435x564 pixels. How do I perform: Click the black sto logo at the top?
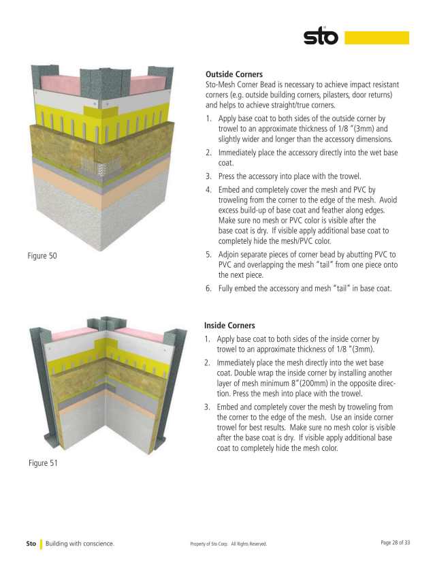pyautogui.click(x=321, y=36)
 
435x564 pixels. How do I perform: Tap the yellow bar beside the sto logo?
pyautogui.click(x=376, y=37)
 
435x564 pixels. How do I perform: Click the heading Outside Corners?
pyautogui.click(x=234, y=74)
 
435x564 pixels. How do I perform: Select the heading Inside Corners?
pyautogui.click(x=230, y=326)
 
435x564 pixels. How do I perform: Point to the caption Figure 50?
pyautogui.click(x=44, y=256)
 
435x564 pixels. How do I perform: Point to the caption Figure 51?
pyautogui.click(x=44, y=463)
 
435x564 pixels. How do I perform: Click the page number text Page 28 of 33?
pyautogui.click(x=395, y=543)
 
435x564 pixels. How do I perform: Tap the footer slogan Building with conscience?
pyautogui.click(x=80, y=544)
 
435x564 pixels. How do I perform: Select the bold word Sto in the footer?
pyautogui.click(x=31, y=544)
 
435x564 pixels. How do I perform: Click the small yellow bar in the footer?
pyautogui.click(x=41, y=544)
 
